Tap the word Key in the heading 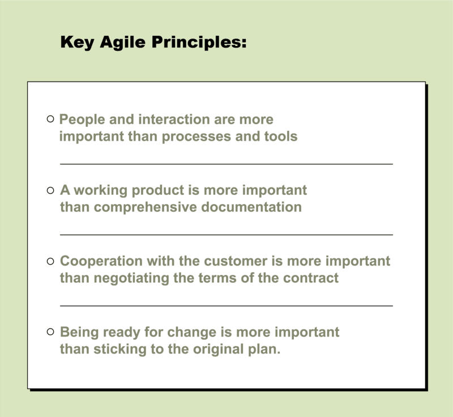76,43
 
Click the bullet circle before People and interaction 50,119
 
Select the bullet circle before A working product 50,190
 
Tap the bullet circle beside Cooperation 50,261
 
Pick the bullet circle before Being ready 50,332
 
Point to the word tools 280,137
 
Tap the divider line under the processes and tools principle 226,164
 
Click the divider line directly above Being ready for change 226,305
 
